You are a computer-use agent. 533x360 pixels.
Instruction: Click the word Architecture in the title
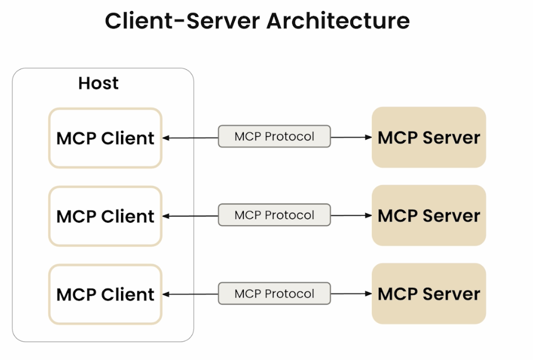(x=338, y=21)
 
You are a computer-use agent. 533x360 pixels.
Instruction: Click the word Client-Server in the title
(x=183, y=21)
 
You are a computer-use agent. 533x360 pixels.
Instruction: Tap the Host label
(x=98, y=83)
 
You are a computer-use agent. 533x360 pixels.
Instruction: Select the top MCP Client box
(x=105, y=138)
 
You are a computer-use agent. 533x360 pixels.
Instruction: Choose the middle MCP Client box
(x=105, y=216)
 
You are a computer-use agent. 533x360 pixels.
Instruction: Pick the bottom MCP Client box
(x=105, y=294)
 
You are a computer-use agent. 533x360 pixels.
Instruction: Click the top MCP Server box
(x=429, y=137)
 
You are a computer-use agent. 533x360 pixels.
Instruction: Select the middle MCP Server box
(x=429, y=215)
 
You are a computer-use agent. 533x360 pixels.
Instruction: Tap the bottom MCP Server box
(x=429, y=294)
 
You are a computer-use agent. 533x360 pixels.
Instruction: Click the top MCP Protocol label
(x=274, y=136)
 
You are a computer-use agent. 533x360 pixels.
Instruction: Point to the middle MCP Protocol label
(x=274, y=215)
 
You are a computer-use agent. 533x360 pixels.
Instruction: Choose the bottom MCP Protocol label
(x=274, y=294)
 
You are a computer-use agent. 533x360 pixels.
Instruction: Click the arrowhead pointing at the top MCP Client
(x=166, y=138)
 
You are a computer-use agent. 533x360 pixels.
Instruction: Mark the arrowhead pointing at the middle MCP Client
(x=166, y=216)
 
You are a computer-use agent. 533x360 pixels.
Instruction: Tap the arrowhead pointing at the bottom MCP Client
(x=166, y=294)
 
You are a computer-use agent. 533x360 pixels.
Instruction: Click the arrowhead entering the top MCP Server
(x=368, y=137)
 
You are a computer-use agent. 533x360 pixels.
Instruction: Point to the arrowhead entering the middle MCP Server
(x=368, y=215)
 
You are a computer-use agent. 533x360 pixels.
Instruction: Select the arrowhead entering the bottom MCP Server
(x=368, y=294)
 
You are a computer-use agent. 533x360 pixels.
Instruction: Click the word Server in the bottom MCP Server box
(x=452, y=294)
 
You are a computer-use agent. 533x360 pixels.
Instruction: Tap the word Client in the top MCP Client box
(x=128, y=138)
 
